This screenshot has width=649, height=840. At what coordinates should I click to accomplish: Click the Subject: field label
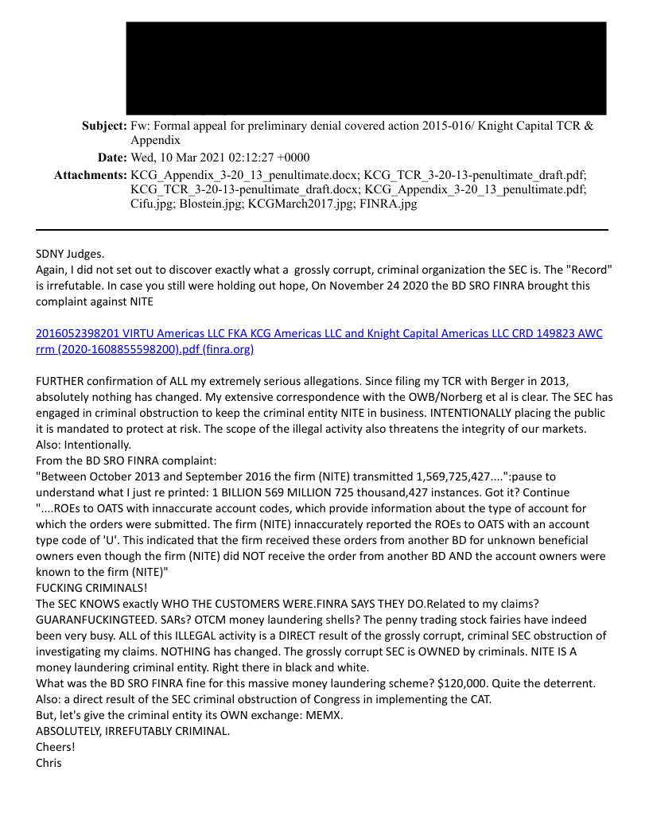point(104,126)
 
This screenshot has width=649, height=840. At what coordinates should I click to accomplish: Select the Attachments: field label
point(90,174)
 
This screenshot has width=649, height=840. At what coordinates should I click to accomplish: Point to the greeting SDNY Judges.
point(70,254)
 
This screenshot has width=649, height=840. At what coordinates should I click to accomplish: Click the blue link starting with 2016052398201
point(318,333)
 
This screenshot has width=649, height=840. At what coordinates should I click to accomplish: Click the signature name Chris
point(49,763)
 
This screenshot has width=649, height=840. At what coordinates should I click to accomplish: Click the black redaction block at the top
point(366,68)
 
